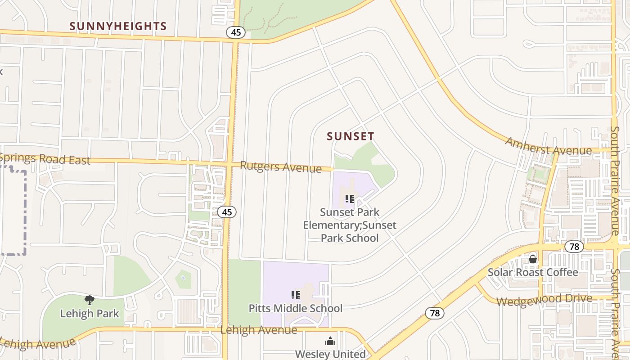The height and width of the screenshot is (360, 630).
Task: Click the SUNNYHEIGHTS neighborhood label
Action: coord(118,27)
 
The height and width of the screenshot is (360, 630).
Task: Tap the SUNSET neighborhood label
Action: coord(351,136)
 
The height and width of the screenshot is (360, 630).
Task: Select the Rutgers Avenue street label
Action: coord(281,166)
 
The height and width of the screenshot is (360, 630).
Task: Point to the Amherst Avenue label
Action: coord(548,146)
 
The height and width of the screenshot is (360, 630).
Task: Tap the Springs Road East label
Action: coord(45,159)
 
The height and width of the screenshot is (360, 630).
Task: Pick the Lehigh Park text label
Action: coord(90,313)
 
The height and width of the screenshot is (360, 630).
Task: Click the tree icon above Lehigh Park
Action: coord(90,300)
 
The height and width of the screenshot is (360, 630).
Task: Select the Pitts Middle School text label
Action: coord(296,308)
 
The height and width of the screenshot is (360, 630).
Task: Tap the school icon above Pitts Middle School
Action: coord(296,295)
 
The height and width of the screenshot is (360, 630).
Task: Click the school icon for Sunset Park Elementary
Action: coord(350,199)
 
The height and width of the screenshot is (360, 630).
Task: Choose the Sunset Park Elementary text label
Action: coord(350,225)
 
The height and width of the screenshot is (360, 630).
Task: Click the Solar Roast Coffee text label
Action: coord(533,272)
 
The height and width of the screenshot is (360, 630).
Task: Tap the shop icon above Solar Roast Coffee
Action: coord(533,259)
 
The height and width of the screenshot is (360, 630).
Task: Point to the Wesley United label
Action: coord(330,354)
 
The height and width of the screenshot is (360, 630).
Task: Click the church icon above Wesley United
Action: coord(330,342)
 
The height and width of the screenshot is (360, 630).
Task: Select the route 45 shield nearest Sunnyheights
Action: coord(236,32)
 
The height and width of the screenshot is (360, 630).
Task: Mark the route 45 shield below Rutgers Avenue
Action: coord(227,211)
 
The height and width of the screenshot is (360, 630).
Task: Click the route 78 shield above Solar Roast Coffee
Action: coord(574,247)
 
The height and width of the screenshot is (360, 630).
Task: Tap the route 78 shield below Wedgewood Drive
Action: coord(435,313)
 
